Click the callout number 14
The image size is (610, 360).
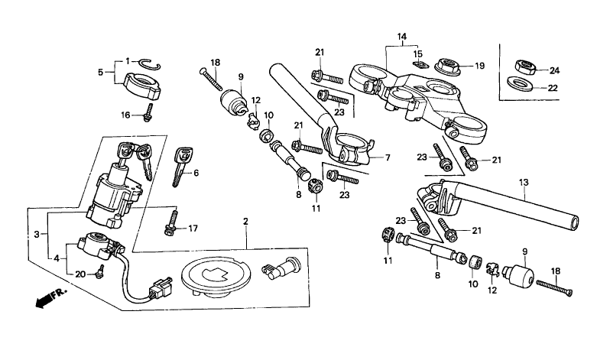(x=402, y=37)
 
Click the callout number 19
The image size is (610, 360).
(x=479, y=66)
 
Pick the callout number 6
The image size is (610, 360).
(x=196, y=174)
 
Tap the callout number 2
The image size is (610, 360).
(x=246, y=221)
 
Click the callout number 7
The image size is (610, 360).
(x=388, y=158)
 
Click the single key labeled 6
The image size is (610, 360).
(x=180, y=167)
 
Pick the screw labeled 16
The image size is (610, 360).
(x=148, y=113)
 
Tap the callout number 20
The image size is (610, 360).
(x=79, y=274)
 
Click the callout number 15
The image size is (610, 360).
(x=417, y=54)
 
